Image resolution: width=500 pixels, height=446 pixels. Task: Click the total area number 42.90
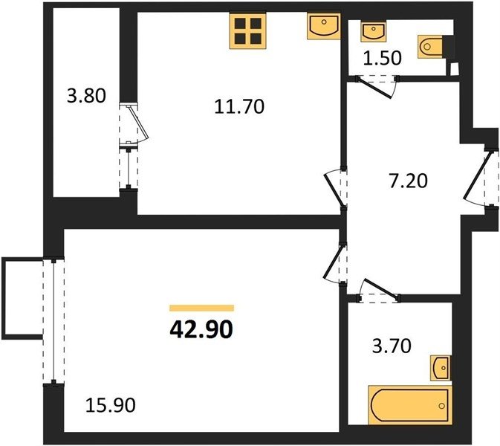(201, 329)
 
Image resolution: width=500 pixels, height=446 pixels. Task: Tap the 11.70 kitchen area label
(239, 106)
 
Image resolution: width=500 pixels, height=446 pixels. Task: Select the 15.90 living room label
(111, 405)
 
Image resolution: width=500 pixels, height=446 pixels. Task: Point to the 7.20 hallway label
(408, 181)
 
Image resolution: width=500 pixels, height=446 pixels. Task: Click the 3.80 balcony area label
(86, 96)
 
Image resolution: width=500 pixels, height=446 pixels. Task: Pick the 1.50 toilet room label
(383, 58)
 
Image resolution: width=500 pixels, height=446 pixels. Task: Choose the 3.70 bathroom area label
(392, 346)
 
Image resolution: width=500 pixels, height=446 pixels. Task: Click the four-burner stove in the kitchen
(247, 31)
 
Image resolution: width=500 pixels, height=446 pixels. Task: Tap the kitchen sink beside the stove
(324, 26)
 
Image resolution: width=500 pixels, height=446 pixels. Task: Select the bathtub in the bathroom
(410, 405)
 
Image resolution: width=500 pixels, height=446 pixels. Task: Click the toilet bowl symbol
(430, 47)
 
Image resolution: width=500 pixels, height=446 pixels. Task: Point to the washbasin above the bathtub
(441, 368)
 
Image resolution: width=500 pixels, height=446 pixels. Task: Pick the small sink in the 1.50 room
(374, 31)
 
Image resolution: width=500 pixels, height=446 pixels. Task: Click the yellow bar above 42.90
(201, 308)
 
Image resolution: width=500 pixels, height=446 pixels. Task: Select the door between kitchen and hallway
(335, 188)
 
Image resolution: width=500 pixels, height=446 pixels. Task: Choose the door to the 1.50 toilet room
(376, 86)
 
